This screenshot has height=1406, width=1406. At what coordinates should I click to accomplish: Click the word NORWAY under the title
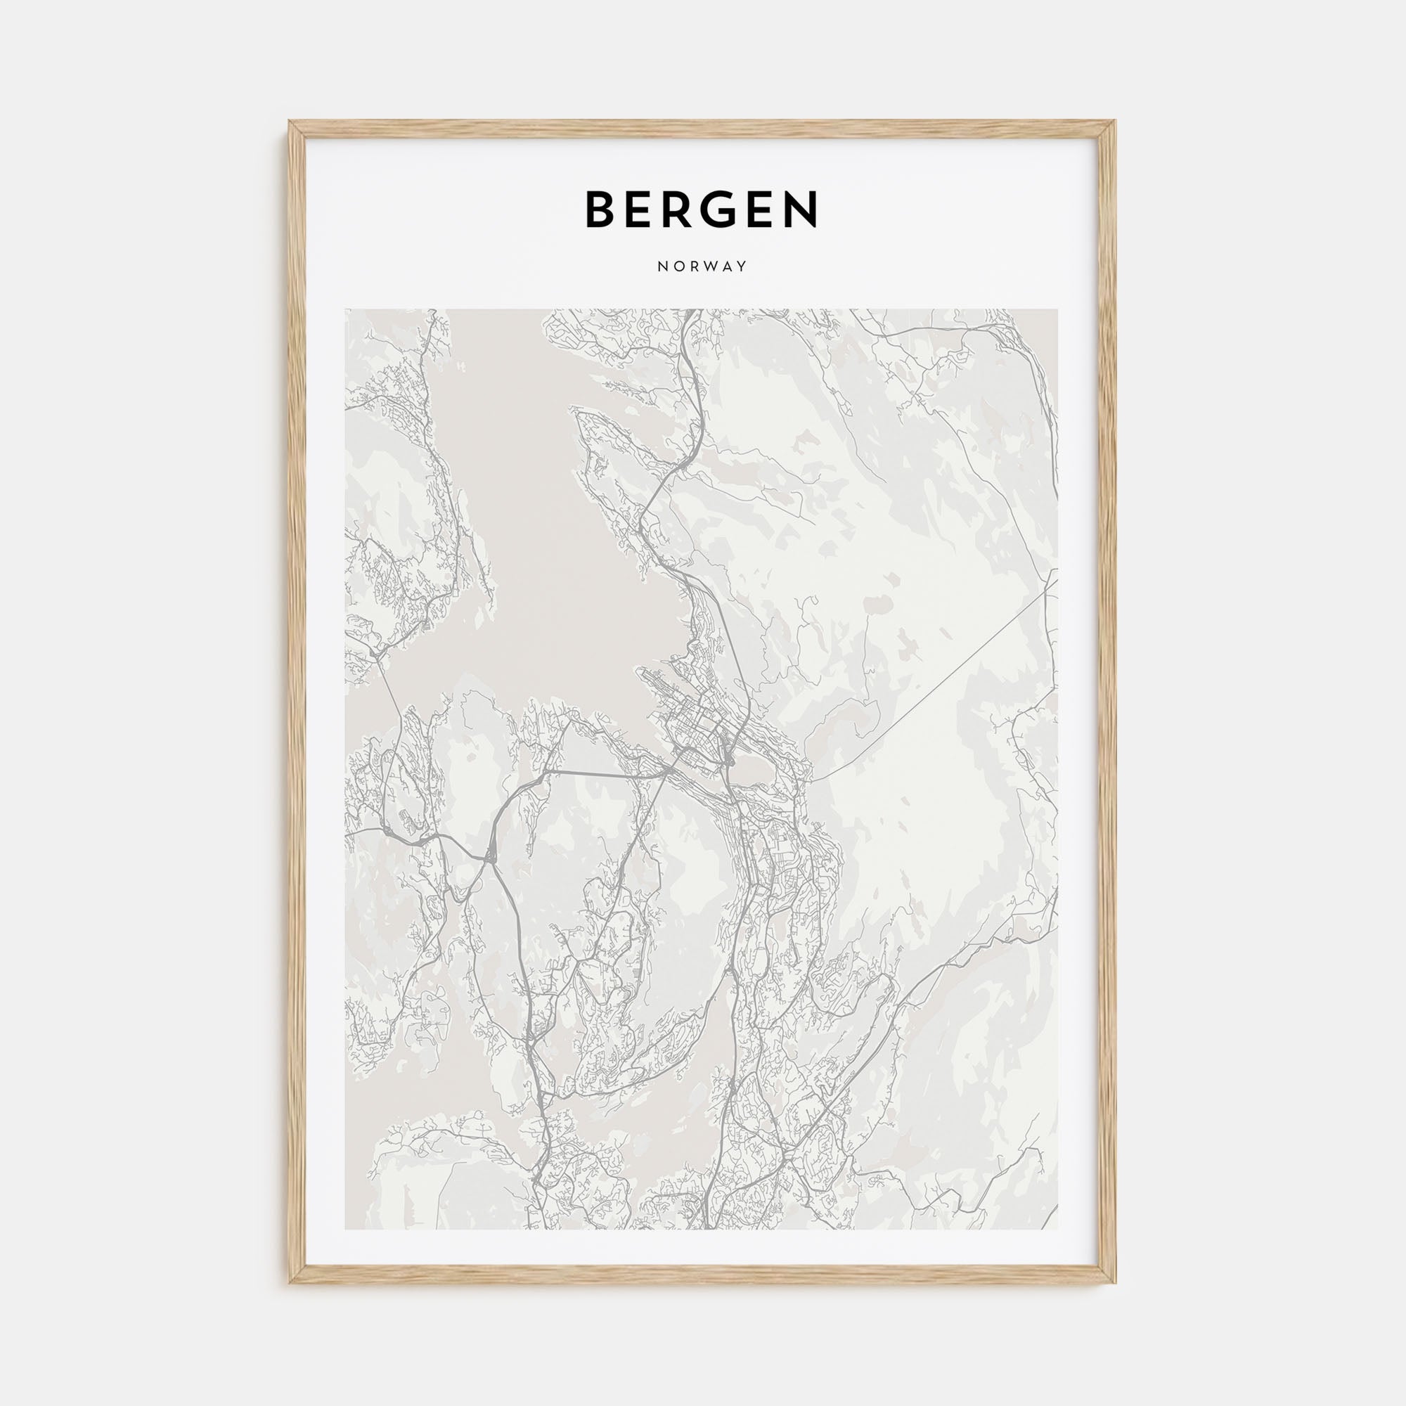click(x=702, y=266)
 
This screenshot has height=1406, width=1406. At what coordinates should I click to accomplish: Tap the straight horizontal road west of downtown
click(x=604, y=773)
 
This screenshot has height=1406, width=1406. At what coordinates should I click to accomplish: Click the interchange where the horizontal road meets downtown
click(x=668, y=768)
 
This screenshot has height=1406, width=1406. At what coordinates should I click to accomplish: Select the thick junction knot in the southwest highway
click(x=490, y=856)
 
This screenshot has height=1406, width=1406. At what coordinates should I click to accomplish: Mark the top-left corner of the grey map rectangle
click(x=345, y=309)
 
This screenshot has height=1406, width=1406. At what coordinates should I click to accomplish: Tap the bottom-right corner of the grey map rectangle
click(x=1058, y=1230)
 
